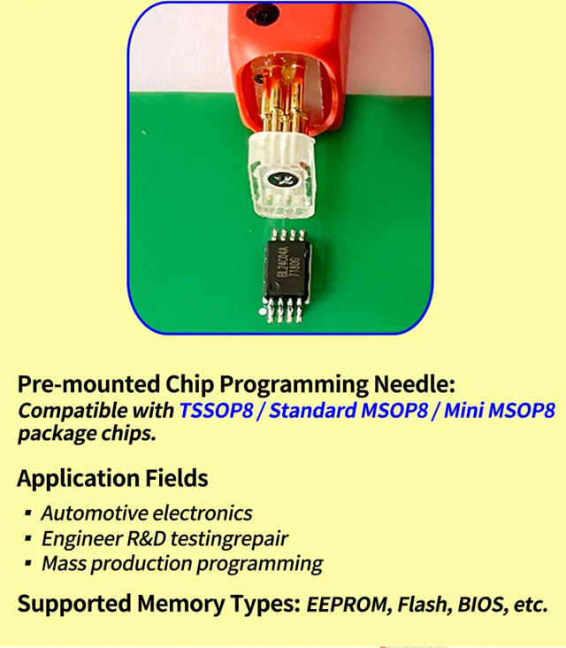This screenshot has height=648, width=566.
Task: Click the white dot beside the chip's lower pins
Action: [261, 312]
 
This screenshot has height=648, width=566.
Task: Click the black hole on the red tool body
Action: [262, 13]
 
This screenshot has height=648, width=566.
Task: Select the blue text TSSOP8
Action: [217, 411]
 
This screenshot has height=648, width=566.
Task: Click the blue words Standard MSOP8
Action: [348, 411]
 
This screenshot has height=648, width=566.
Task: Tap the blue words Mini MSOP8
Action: [499, 411]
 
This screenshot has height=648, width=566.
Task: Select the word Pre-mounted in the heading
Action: [88, 384]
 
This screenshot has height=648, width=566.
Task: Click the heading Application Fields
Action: [112, 478]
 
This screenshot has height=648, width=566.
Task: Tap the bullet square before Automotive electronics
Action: [28, 513]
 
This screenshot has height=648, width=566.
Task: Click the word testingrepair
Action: [229, 539]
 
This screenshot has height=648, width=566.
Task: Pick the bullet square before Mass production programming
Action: [28, 563]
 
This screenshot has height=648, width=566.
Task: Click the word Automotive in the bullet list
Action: [95, 513]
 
